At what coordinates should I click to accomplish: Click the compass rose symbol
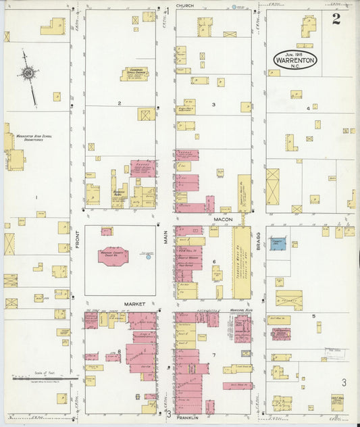28,72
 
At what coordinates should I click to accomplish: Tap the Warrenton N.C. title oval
294,59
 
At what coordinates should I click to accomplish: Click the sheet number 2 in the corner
336,19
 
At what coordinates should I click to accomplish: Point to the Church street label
185,5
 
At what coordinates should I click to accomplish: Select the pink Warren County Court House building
113,256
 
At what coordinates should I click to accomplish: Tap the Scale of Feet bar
36,378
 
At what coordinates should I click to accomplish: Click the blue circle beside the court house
149,257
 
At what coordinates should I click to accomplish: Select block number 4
308,108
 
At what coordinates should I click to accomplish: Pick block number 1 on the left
36,197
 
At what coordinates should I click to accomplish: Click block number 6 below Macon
214,261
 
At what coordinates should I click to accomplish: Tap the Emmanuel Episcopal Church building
134,74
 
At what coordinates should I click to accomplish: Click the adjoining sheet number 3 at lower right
343,382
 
